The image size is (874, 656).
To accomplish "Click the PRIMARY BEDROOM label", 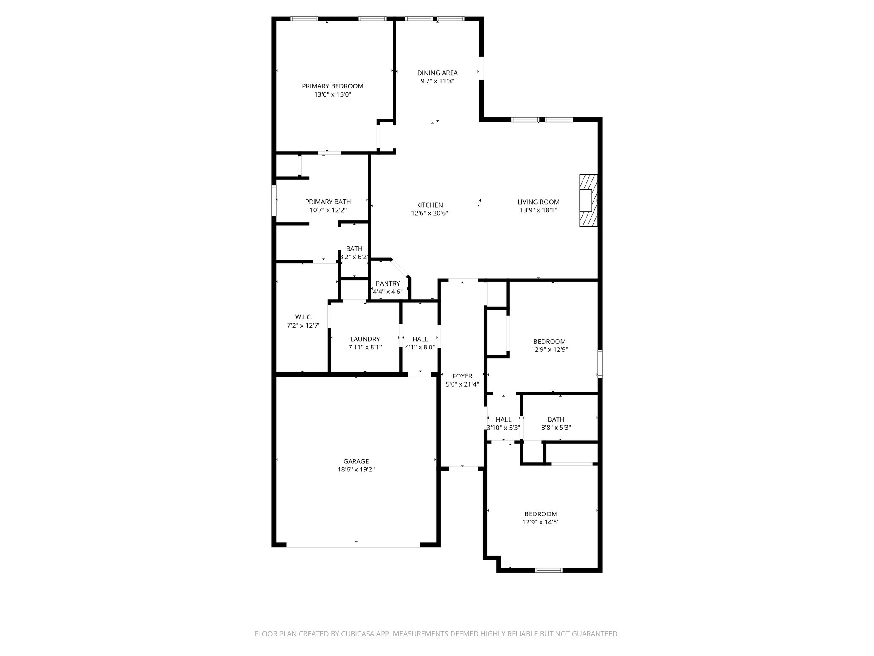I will tap(332, 86).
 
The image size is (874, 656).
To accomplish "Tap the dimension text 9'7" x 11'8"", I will tap(437, 81).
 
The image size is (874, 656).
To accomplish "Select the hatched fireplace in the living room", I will tap(588, 201).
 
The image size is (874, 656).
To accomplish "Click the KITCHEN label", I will tap(429, 205).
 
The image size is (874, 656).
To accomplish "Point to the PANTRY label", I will tap(387, 284).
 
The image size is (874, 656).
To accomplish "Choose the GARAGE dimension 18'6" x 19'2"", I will tap(356, 469).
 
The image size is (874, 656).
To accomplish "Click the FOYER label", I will tap(462, 376).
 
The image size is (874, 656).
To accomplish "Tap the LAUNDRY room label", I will tap(365, 339).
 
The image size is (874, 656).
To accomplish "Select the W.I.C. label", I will tap(303, 317).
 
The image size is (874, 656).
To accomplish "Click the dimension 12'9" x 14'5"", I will tap(541, 522).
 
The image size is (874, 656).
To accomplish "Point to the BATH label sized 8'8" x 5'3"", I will tap(556, 419).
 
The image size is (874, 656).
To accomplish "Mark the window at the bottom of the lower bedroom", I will tap(549, 570).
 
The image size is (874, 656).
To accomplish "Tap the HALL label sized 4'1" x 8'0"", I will tap(420, 339).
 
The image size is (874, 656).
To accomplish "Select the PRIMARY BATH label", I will tap(328, 202).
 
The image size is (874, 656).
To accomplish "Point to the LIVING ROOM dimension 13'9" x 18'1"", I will tap(538, 210).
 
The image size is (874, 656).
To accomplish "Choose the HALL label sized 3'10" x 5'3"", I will tap(504, 419).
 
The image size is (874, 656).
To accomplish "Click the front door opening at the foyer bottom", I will tap(463, 469).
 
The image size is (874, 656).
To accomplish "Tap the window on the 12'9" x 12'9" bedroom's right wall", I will tap(600, 363).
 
